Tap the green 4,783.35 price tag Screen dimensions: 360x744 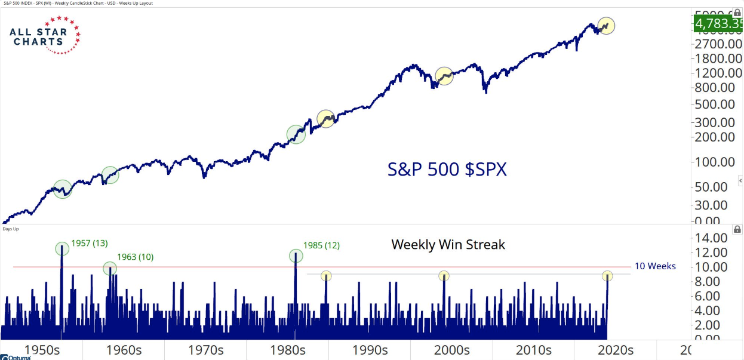click(x=717, y=24)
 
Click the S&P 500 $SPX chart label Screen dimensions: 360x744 click(x=447, y=170)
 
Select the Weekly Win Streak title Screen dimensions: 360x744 click(x=448, y=244)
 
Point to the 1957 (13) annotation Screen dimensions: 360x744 click(x=90, y=243)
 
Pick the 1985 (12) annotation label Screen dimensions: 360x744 click(x=321, y=245)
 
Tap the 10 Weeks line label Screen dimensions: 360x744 click(x=655, y=266)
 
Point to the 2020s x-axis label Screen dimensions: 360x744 click(x=614, y=350)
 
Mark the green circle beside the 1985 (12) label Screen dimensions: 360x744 click(x=296, y=256)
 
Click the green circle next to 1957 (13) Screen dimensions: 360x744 click(x=62, y=249)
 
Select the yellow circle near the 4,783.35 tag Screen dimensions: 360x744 click(x=606, y=26)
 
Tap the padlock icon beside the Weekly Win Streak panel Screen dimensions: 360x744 click(x=737, y=229)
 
